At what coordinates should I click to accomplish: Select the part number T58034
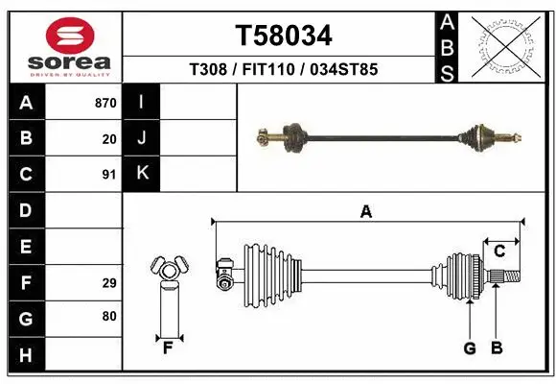pyautogui.click(x=284, y=36)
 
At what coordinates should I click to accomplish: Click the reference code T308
pyautogui.click(x=208, y=70)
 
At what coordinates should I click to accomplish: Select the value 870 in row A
pyautogui.click(x=105, y=103)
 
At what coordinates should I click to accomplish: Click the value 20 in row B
pyautogui.click(x=109, y=138)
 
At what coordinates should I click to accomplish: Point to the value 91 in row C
pyautogui.click(x=109, y=175)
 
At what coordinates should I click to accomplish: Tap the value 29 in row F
pyautogui.click(x=109, y=283)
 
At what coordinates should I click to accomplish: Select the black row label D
pyautogui.click(x=26, y=210)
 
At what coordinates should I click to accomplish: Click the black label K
pyautogui.click(x=142, y=174)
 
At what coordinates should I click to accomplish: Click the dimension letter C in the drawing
pyautogui.click(x=499, y=252)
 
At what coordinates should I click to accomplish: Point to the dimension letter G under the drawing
pyautogui.click(x=470, y=348)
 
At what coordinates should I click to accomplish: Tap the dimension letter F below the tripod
pyautogui.click(x=167, y=347)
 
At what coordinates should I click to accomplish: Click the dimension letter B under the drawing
pyautogui.click(x=497, y=348)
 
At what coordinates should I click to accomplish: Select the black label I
pyautogui.click(x=142, y=103)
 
